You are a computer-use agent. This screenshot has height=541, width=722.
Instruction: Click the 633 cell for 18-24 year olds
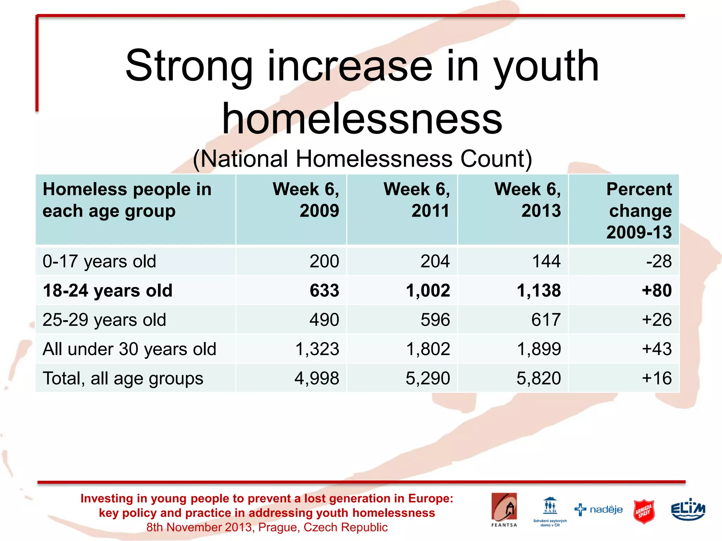pyautogui.click(x=324, y=291)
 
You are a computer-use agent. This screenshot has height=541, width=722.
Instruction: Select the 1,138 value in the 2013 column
pyautogui.click(x=539, y=291)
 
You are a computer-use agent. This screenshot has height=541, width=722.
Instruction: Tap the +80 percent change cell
pyautogui.click(x=656, y=291)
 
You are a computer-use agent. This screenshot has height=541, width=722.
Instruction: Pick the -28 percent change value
pyautogui.click(x=659, y=261)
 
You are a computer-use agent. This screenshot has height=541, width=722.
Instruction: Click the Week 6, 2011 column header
pyautogui.click(x=417, y=200)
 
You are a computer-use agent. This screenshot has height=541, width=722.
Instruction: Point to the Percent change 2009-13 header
pyautogui.click(x=639, y=211)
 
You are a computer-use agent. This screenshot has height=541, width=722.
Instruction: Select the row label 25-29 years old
pyautogui.click(x=104, y=320)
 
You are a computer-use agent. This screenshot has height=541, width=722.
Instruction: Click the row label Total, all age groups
pyautogui.click(x=123, y=378)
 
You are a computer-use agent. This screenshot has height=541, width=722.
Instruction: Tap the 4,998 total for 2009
pyautogui.click(x=317, y=378)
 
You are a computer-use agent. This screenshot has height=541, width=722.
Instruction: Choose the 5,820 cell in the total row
pyautogui.click(x=539, y=378)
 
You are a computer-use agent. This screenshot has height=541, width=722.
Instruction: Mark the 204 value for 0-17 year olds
pyautogui.click(x=435, y=261)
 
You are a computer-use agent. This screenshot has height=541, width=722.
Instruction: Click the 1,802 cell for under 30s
pyautogui.click(x=428, y=349)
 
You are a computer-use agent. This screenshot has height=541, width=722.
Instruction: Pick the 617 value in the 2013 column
pyautogui.click(x=546, y=320)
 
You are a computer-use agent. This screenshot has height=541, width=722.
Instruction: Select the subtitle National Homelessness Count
pyautogui.click(x=362, y=159)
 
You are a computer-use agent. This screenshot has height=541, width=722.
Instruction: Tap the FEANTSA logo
pyautogui.click(x=504, y=509)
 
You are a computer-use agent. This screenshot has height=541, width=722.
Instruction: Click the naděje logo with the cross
pyautogui.click(x=599, y=510)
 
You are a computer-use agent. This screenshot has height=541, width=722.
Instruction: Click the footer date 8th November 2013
pyautogui.click(x=199, y=527)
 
